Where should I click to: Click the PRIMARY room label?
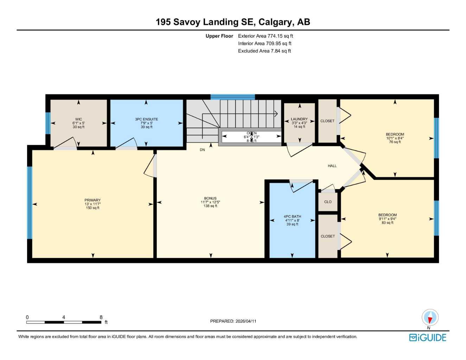pos(92,200)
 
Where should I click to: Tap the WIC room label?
pos(78,119)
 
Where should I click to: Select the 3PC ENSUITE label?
pos(146,119)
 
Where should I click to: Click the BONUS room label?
pos(210,198)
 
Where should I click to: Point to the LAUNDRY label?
pos(299,119)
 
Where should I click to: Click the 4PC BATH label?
pos(292,217)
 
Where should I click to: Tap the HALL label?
pos(332,166)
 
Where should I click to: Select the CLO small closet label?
pos(328,202)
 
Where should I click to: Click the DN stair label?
pos(202,150)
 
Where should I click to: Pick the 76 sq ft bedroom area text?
pos(395,142)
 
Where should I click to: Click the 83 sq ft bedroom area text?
pos(388,223)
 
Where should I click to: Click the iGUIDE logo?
pos(428,337)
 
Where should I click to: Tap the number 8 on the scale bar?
pos(101,317)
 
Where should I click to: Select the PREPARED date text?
pos(233,321)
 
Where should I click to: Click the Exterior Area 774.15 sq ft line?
pos(266,36)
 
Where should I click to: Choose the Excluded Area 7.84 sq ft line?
pos(264,51)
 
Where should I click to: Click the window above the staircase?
pos(232,97)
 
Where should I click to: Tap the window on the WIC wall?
pos(48,123)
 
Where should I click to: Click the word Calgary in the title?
pos(276,22)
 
